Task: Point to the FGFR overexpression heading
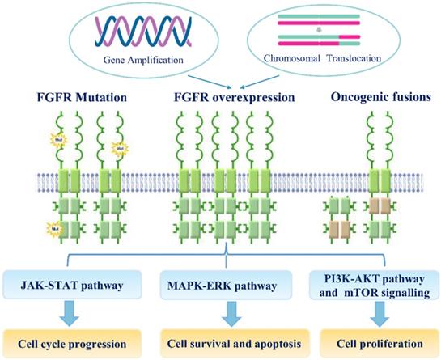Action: click(220, 99)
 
